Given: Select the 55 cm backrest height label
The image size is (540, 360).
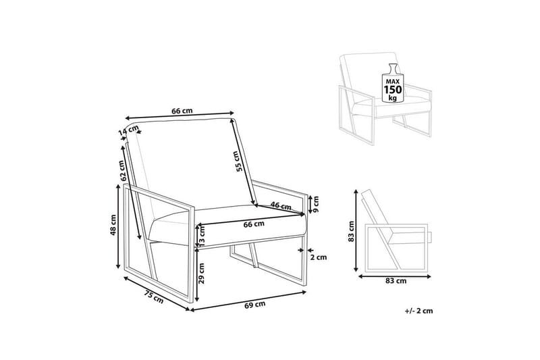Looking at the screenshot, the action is (x=238, y=161).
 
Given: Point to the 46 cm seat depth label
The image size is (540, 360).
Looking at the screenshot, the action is (x=281, y=206).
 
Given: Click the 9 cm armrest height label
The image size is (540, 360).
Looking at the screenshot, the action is (x=316, y=204).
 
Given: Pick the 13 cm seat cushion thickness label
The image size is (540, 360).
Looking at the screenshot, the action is (x=202, y=235).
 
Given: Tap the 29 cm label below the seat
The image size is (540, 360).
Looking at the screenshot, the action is (x=202, y=273).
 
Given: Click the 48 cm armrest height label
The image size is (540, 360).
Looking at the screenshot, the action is (x=113, y=226).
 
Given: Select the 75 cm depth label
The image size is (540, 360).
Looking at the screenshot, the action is (x=154, y=297).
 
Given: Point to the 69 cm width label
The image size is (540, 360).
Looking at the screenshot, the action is (x=255, y=305).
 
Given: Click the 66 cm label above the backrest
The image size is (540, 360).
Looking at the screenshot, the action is (x=182, y=111).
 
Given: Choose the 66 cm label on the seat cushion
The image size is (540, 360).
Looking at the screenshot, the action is (x=254, y=224).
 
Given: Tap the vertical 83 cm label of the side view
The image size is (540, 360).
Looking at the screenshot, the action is (x=351, y=231).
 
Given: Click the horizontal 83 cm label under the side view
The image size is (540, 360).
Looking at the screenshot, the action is (x=396, y=281).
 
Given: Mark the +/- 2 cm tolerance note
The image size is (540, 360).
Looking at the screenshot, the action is (x=418, y=311).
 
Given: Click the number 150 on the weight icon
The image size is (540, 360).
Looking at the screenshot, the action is (x=392, y=90).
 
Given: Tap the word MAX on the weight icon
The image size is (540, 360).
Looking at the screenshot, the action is (x=392, y=81).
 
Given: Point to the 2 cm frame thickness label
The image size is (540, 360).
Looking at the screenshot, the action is (x=318, y=257).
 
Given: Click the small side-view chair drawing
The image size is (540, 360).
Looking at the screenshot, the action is (x=396, y=230).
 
